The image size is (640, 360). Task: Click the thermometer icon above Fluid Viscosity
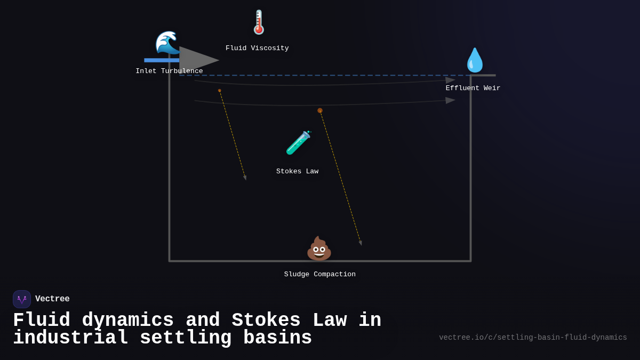click(x=259, y=22)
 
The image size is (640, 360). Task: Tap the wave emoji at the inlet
click(x=167, y=43)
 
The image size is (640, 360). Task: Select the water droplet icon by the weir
click(x=474, y=60)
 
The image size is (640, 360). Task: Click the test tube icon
click(x=298, y=143)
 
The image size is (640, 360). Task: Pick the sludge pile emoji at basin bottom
click(x=319, y=249)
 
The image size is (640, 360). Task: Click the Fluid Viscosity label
click(x=257, y=49)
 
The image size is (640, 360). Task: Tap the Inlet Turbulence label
click(x=169, y=71)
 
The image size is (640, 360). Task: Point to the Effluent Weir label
click(x=473, y=89)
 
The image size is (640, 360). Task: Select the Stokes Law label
click(x=297, y=172)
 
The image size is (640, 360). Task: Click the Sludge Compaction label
click(x=319, y=275)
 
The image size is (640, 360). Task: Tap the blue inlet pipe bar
click(x=161, y=60)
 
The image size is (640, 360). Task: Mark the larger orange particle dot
click(x=320, y=111)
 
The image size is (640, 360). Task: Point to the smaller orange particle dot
click(x=219, y=91)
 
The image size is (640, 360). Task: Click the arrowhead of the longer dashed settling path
click(x=361, y=243)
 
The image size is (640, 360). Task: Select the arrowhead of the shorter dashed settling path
click(x=245, y=178)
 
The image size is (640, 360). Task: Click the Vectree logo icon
click(x=22, y=299)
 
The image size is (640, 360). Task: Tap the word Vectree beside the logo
click(x=52, y=299)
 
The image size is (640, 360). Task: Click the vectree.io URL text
click(x=533, y=338)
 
